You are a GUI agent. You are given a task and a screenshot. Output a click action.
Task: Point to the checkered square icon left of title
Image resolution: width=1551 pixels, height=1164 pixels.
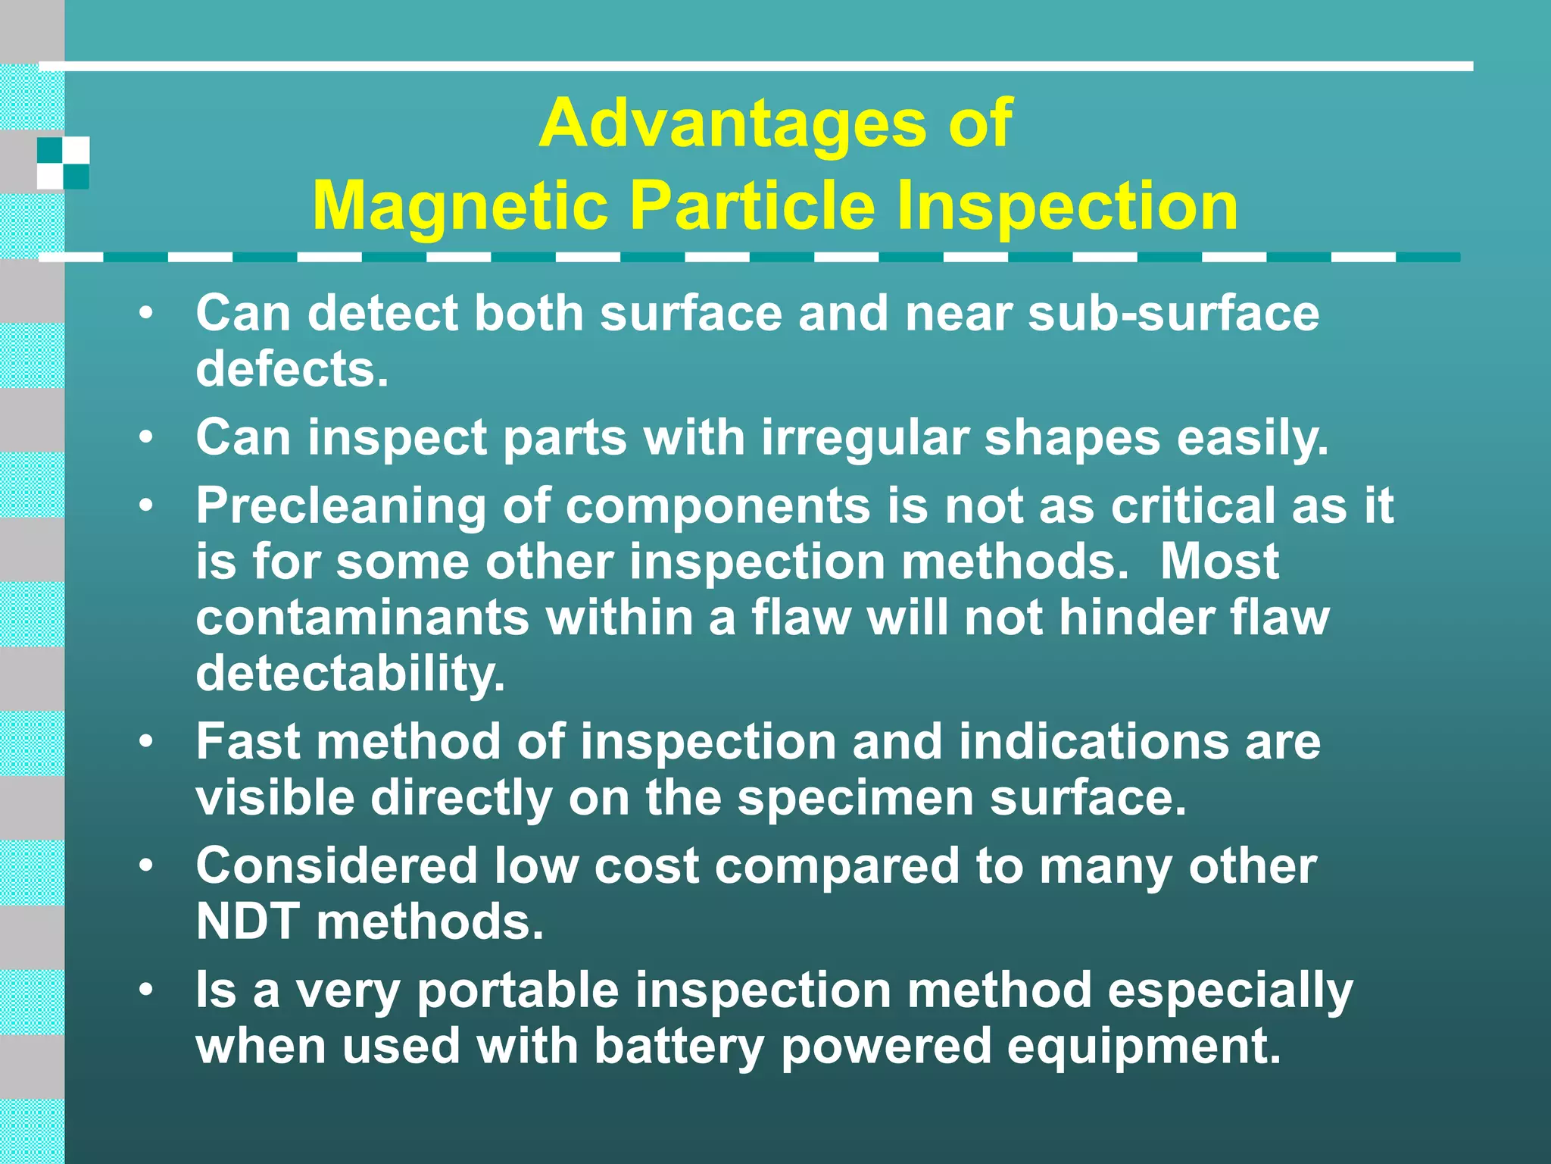coord(64,163)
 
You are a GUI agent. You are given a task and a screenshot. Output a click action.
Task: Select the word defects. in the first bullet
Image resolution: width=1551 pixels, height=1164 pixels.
coord(292,369)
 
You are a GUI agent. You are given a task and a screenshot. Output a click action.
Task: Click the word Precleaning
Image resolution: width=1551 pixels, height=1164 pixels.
coord(341,506)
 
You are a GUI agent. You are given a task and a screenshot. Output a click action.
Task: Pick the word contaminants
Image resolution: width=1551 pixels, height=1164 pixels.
coord(363,617)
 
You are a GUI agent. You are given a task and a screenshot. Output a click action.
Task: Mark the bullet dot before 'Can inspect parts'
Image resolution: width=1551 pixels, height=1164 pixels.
coord(146,437)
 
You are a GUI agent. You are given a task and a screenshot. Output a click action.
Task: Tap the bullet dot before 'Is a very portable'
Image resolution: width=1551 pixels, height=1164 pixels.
coord(146,989)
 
